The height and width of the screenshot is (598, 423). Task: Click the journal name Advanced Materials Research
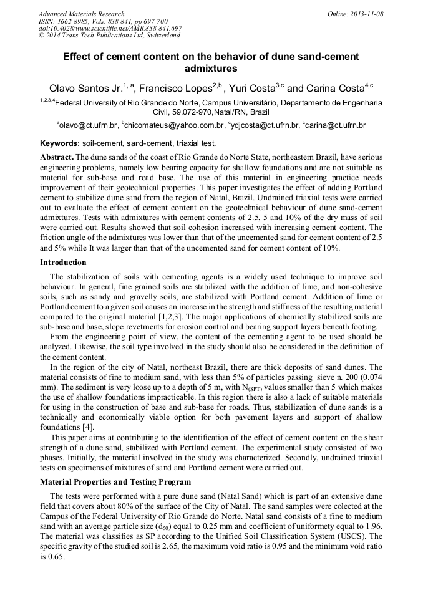pos(82,14)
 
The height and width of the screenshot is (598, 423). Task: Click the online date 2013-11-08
pos(364,14)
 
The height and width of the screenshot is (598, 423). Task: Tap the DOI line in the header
pos(110,29)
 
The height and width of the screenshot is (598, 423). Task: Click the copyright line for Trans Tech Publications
pos(109,36)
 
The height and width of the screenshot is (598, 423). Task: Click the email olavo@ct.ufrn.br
pos(88,125)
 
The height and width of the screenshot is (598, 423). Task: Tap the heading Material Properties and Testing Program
pos(115,482)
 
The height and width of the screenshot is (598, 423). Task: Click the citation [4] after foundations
pos(87,427)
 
